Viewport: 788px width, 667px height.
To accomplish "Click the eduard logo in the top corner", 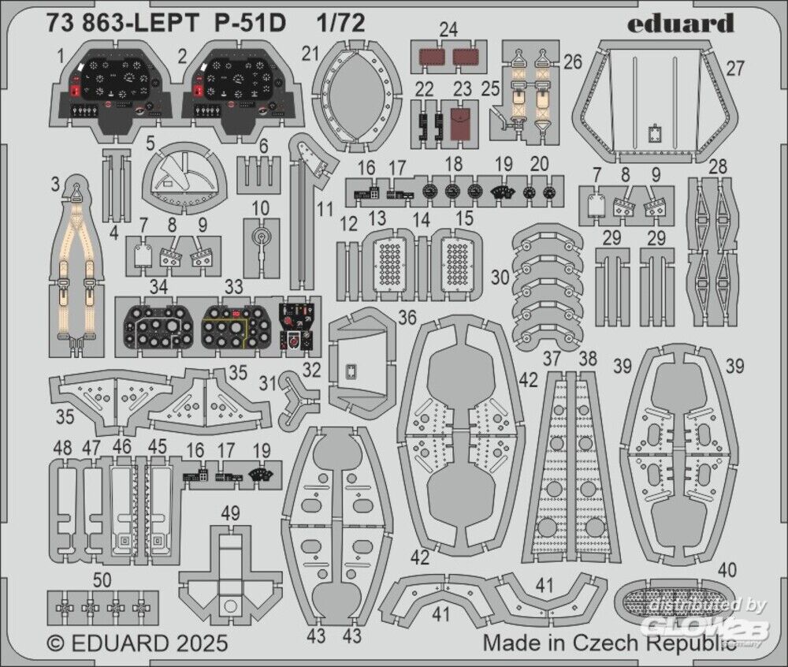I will click(681, 24).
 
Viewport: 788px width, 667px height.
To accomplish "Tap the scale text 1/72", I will click(344, 24).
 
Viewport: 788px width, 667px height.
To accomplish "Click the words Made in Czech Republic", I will click(611, 642).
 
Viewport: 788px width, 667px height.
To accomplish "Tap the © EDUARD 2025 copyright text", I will click(138, 643).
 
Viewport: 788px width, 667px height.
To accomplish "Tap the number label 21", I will click(310, 53).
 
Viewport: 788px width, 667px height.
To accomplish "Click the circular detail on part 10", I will click(262, 236).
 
